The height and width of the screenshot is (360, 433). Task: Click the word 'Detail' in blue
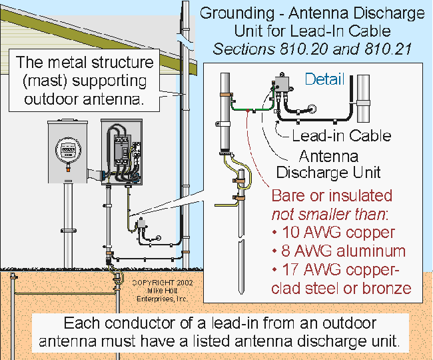point(324,79)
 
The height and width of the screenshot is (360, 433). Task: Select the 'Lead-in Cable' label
point(342,136)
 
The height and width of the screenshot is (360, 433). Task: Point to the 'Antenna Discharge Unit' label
point(328,165)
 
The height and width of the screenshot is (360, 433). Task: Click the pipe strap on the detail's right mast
point(364,103)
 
